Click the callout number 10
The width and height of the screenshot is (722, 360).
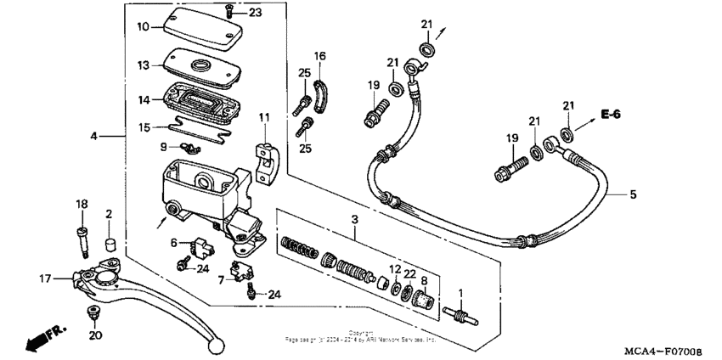pyautogui.click(x=143, y=26)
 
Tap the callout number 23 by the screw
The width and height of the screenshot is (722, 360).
pyautogui.click(x=256, y=12)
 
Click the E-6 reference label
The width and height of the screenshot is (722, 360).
pyautogui.click(x=609, y=114)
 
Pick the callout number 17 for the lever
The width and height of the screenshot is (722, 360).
pyautogui.click(x=43, y=277)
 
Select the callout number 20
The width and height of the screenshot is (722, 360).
pyautogui.click(x=94, y=335)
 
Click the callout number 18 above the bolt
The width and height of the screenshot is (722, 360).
pyautogui.click(x=82, y=205)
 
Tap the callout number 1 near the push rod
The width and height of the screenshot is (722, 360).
pyautogui.click(x=461, y=293)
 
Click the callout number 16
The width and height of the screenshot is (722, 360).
pyautogui.click(x=319, y=57)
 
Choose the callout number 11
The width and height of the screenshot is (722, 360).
pyautogui.click(x=264, y=116)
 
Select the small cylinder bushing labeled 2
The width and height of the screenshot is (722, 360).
pyautogui.click(x=110, y=245)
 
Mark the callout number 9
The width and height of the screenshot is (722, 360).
pyautogui.click(x=164, y=146)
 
